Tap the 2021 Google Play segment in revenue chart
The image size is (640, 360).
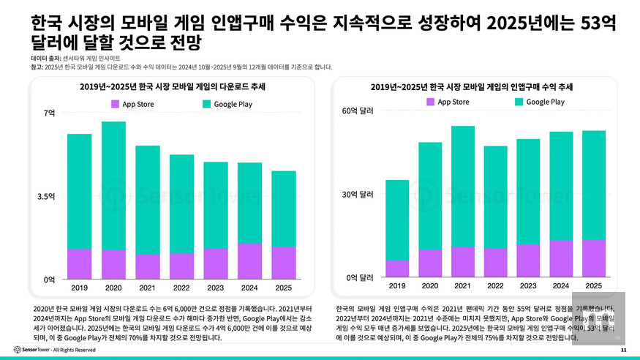(x=462, y=186)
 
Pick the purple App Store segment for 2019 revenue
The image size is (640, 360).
(x=397, y=269)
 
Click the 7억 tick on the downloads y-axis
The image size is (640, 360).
(x=50, y=113)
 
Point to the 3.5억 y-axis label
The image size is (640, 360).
(x=47, y=197)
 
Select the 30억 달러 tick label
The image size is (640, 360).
(x=358, y=195)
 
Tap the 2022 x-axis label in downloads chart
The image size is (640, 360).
(x=181, y=287)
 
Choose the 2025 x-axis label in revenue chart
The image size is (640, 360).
(x=593, y=285)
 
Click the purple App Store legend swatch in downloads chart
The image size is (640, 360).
(x=115, y=104)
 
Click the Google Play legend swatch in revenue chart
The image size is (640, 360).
(x=519, y=102)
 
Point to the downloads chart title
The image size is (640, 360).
(x=173, y=86)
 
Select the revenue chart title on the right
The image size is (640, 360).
(x=471, y=86)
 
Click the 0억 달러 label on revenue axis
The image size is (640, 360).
(x=360, y=278)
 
